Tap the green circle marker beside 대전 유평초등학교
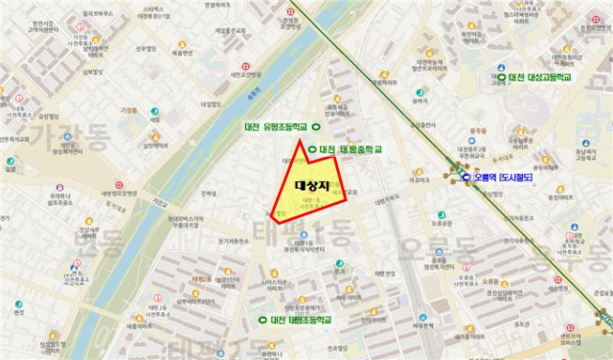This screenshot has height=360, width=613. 317,127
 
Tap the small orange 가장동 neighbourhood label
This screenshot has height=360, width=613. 128,110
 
